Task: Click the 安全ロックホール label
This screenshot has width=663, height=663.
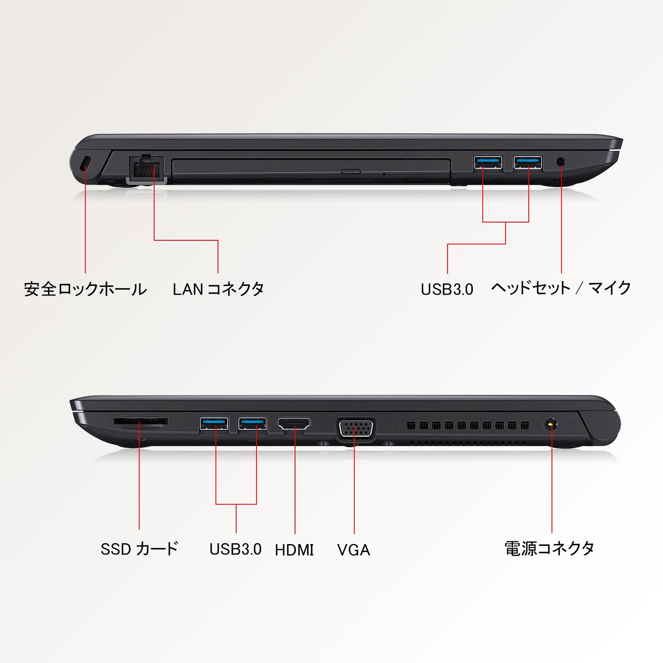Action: pyautogui.click(x=85, y=289)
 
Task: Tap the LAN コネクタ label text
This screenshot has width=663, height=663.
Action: pyautogui.click(x=218, y=289)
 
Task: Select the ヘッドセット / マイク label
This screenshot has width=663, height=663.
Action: pyautogui.click(x=561, y=288)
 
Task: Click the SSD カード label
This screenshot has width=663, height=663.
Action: pyautogui.click(x=139, y=549)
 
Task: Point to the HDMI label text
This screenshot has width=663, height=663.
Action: pyautogui.click(x=294, y=550)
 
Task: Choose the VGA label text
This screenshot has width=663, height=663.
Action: pyautogui.click(x=353, y=550)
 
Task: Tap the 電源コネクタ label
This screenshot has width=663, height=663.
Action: pyautogui.click(x=549, y=548)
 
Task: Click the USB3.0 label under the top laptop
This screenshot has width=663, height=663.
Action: pyautogui.click(x=447, y=289)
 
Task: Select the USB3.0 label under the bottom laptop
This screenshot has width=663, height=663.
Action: pyautogui.click(x=235, y=549)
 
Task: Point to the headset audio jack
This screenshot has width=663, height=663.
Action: pyautogui.click(x=561, y=161)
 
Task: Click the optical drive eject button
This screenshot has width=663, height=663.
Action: pyautogui.click(x=351, y=171)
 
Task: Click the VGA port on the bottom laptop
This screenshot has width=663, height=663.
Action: pyautogui.click(x=356, y=428)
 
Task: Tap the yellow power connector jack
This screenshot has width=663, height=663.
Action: pyautogui.click(x=550, y=424)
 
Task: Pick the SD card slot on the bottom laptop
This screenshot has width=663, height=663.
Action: pyautogui.click(x=140, y=421)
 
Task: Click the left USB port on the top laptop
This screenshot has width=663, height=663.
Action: pyautogui.click(x=488, y=162)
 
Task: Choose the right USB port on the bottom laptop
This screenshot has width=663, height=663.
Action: pyautogui.click(x=252, y=423)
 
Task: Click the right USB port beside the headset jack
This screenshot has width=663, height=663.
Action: pyautogui.click(x=527, y=162)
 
